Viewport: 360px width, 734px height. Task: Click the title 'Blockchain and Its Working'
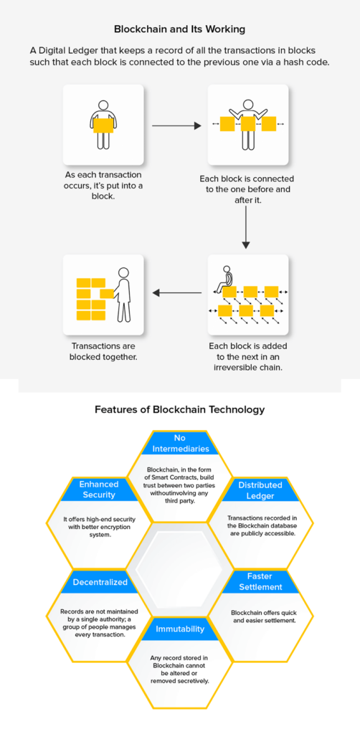[179, 29]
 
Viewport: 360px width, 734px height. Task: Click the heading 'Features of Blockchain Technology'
[179, 410]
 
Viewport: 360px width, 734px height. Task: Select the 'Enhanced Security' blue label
[99, 490]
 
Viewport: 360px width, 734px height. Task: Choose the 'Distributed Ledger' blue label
[260, 490]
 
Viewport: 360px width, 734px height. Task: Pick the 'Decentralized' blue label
[100, 582]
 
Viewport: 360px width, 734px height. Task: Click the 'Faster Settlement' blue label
[260, 581]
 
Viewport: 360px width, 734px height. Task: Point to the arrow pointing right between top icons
[176, 125]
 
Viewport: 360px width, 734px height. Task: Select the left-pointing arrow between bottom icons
[176, 292]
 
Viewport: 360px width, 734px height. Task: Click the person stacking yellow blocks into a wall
[122, 294]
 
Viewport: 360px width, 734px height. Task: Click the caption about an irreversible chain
[247, 357]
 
